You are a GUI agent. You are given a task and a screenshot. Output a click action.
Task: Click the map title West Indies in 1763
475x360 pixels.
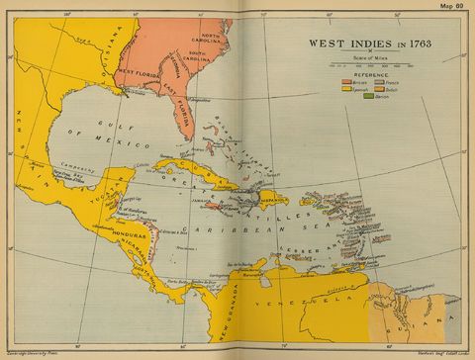click(362, 44)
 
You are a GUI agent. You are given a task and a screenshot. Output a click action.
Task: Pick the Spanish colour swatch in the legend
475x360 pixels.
click(346, 87)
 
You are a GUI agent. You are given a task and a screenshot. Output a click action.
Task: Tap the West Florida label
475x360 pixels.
click(140, 72)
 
